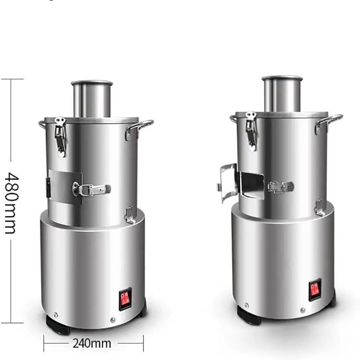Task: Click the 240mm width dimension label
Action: click(x=92, y=344)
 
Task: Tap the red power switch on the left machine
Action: click(x=125, y=299)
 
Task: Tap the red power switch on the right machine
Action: click(x=315, y=289)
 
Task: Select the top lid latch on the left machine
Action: click(x=60, y=137)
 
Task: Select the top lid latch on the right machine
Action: click(x=251, y=131)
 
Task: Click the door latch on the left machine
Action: click(x=91, y=189)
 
